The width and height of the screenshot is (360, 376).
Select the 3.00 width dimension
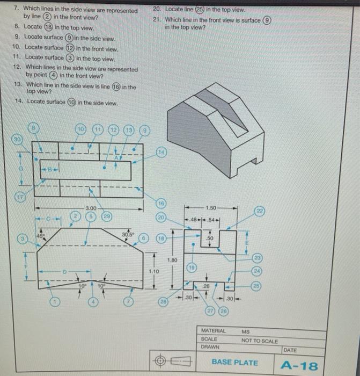click(x=91, y=207)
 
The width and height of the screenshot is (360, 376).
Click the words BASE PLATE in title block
click(x=234, y=363)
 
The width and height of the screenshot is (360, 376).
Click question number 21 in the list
click(x=157, y=19)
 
